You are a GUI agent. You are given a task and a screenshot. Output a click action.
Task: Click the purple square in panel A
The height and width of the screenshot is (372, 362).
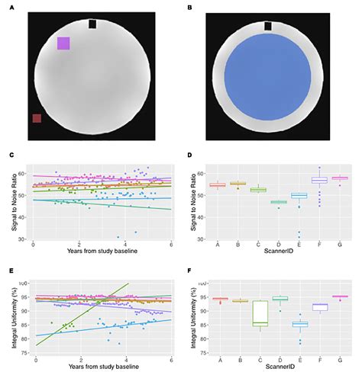(63, 43)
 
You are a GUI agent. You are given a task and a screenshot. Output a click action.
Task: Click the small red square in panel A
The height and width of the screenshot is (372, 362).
(36, 118)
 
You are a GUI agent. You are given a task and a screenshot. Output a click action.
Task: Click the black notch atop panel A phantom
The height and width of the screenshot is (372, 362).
(92, 24)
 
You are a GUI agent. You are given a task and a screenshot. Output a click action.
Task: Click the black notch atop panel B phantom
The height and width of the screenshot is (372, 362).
(267, 26)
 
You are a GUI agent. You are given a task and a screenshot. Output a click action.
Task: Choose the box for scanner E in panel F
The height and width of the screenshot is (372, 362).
(299, 325)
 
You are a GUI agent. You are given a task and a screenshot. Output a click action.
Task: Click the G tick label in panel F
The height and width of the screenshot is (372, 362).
(338, 358)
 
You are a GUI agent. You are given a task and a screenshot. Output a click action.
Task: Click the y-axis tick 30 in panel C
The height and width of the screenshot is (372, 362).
(24, 239)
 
